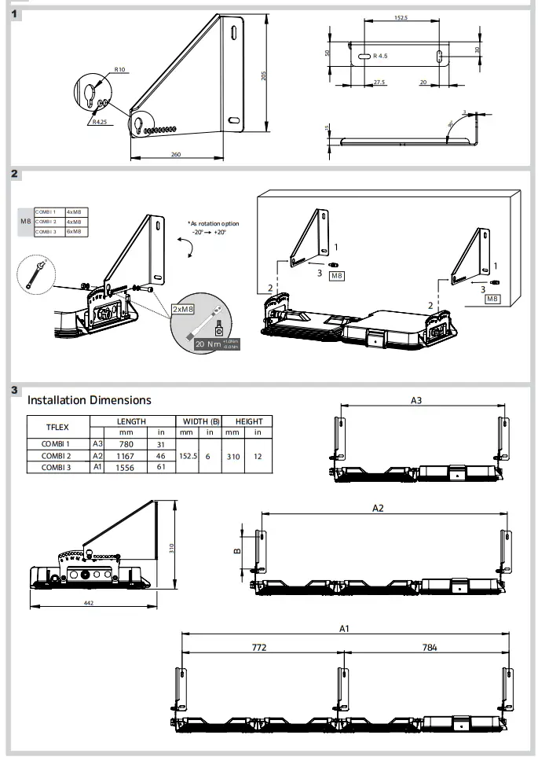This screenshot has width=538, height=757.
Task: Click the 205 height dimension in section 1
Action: point(264,75)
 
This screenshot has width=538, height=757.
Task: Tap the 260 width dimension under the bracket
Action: point(175,154)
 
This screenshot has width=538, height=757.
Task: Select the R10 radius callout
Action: point(119,70)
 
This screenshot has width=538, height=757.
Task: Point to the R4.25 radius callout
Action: point(99,122)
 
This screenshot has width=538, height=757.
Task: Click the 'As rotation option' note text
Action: point(213,223)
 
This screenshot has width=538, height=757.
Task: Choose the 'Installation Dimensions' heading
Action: point(90,400)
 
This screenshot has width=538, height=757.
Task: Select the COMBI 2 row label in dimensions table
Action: point(57,456)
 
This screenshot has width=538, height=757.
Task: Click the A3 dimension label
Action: point(417,400)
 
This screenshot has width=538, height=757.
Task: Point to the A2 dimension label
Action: point(378,508)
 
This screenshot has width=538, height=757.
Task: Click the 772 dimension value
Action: point(259,648)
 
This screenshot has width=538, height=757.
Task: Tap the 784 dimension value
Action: point(429,648)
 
